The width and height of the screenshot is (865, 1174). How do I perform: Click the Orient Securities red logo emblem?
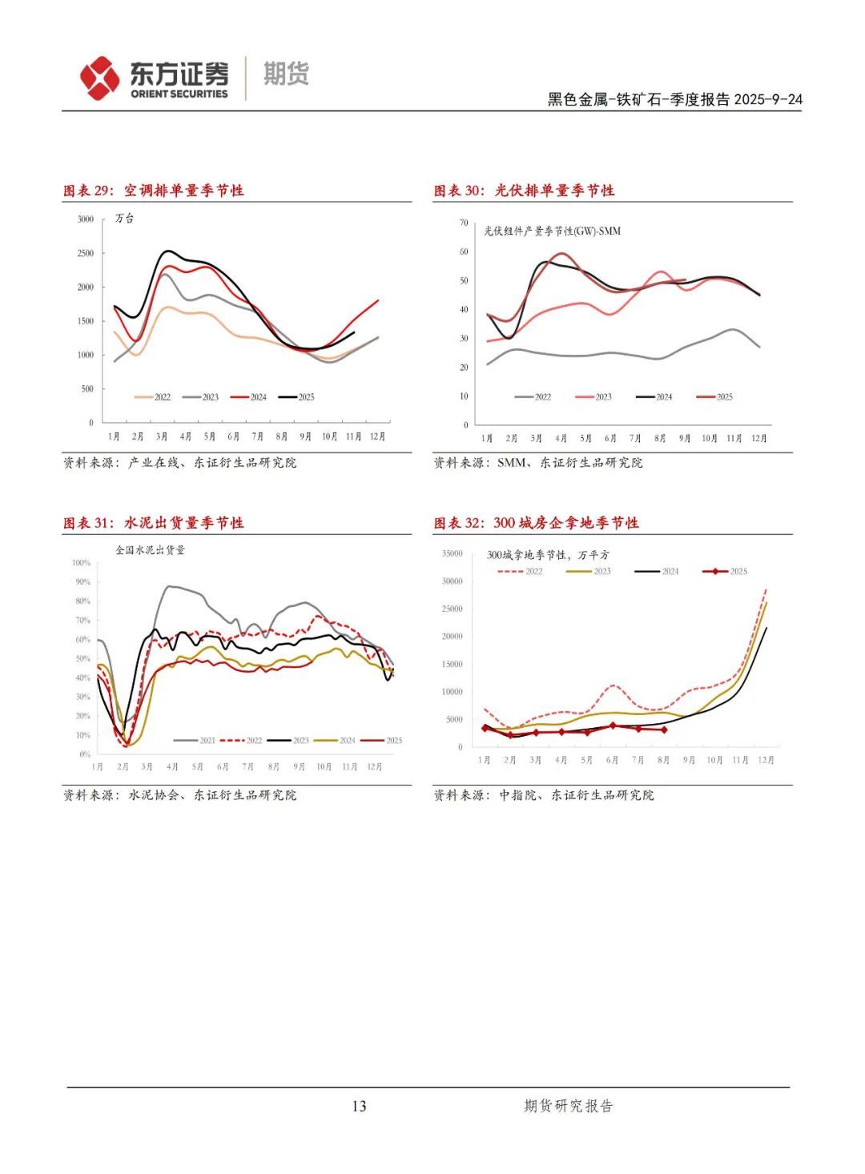pyautogui.click(x=99, y=78)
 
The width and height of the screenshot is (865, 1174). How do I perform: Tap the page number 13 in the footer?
pyautogui.click(x=359, y=1106)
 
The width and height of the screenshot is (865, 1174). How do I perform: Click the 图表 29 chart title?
pyautogui.click(x=154, y=191)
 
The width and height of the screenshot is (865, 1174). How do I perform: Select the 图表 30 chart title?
pyautogui.click(x=524, y=191)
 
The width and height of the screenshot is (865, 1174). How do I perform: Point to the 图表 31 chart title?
pyautogui.click(x=154, y=523)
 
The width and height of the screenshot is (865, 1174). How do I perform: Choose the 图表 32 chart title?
pyautogui.click(x=536, y=523)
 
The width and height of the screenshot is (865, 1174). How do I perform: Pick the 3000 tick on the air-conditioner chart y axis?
pyautogui.click(x=86, y=219)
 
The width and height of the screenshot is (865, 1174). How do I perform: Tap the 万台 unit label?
pyautogui.click(x=124, y=218)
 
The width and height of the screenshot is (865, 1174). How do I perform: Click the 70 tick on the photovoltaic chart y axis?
pyautogui.click(x=464, y=223)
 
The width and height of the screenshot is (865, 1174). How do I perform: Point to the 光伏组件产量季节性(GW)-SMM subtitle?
pyautogui.click(x=552, y=231)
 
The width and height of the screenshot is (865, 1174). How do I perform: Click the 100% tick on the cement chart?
pyautogui.click(x=82, y=563)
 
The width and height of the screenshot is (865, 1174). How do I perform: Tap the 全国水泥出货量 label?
pyautogui.click(x=150, y=550)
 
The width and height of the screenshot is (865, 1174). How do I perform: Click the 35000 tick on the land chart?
pyautogui.click(x=453, y=553)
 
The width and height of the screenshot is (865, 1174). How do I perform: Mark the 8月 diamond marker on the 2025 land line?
pyautogui.click(x=664, y=730)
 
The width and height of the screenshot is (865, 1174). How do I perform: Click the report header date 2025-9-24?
pyautogui.click(x=768, y=100)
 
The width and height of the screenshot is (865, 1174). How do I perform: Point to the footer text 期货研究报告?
pyautogui.click(x=568, y=1106)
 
